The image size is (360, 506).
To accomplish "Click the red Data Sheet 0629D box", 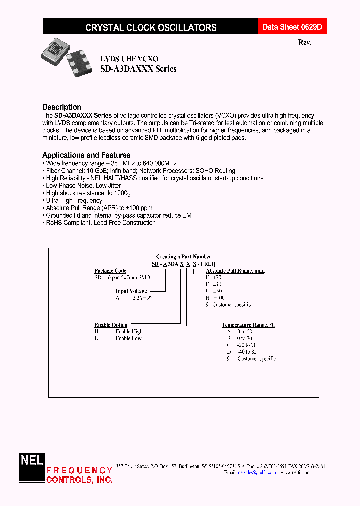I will [x=293, y=27].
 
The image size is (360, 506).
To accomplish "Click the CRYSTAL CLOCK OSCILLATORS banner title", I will [x=151, y=28].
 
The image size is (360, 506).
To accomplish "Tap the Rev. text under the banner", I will [x=306, y=43].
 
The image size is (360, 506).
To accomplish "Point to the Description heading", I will [x=62, y=107].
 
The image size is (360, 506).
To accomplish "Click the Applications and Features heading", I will [x=86, y=155].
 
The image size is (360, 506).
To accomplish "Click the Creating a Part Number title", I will [x=184, y=256].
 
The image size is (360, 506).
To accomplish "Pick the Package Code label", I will [x=110, y=271].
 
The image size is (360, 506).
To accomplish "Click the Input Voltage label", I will [x=131, y=291].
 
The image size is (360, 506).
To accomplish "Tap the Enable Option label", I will [x=111, y=325].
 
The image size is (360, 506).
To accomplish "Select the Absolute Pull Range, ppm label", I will [x=235, y=271].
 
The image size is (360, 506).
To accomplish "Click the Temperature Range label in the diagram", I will [x=248, y=325].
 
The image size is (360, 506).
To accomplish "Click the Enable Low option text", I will [x=128, y=338].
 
